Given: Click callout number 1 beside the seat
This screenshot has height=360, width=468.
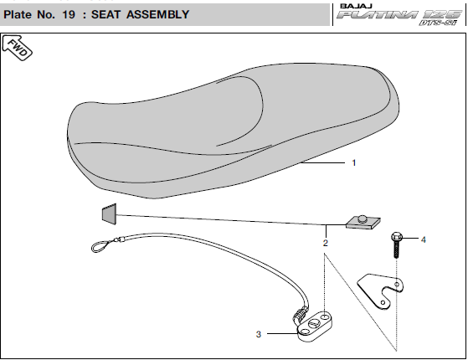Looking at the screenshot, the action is [x=354, y=163].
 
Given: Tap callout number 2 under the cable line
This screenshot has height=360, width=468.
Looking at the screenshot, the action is [x=326, y=243].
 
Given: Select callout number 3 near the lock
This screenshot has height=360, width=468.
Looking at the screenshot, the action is [x=259, y=334].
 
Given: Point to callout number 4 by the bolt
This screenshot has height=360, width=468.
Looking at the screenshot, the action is [x=424, y=239].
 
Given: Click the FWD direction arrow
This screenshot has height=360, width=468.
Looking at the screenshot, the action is [x=18, y=48].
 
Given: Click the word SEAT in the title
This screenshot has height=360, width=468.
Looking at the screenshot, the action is [x=106, y=14].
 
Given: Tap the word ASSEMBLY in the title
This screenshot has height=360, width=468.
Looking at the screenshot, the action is [x=158, y=14].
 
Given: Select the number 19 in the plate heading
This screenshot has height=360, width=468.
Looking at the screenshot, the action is [x=69, y=14].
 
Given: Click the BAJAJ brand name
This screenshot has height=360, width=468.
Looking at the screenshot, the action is [x=356, y=6].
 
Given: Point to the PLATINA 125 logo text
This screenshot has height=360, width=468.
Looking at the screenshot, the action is [x=400, y=14].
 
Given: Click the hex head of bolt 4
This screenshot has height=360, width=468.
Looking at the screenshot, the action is [x=396, y=237].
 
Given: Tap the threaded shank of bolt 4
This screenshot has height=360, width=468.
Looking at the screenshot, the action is [x=396, y=249].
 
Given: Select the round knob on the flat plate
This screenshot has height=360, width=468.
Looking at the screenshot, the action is [x=362, y=219].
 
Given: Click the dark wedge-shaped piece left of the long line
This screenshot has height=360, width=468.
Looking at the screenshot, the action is [x=109, y=214].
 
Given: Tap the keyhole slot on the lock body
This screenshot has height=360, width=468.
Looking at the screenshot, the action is [x=313, y=323].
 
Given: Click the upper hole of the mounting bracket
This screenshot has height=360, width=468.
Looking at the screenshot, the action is [x=397, y=284].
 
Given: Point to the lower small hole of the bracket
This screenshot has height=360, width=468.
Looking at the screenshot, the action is [x=383, y=303].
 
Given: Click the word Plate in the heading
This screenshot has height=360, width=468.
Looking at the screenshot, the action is [x=17, y=14].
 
